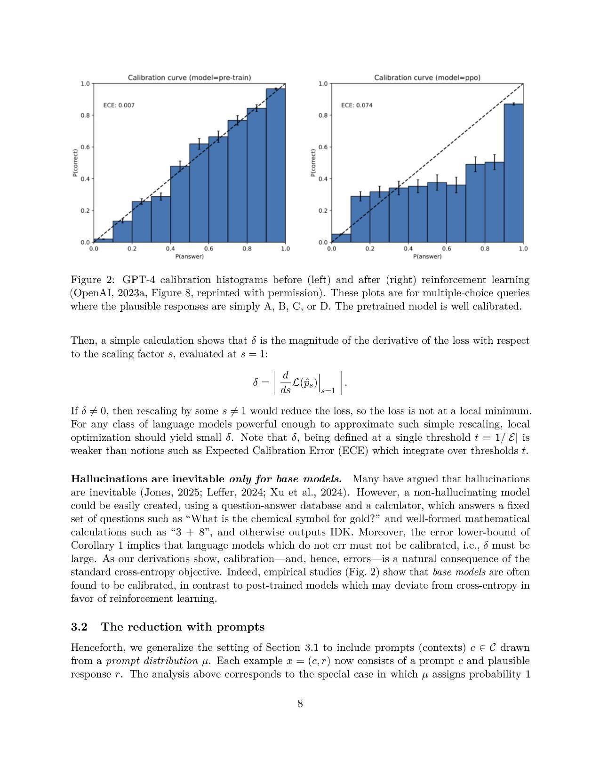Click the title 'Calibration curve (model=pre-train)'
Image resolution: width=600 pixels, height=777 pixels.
pos(189,78)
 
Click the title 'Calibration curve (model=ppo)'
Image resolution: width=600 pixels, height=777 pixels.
pos(427,78)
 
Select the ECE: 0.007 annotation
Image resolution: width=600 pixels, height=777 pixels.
pos(119,105)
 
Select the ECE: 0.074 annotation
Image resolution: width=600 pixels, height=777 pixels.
pos(356,105)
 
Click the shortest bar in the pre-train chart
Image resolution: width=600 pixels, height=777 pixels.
pos(103,241)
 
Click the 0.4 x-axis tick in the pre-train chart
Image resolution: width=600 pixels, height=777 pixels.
pos(170,249)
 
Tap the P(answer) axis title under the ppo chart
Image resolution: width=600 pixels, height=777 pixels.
pos(427,257)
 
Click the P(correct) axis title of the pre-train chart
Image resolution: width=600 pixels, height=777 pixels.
pos(75,163)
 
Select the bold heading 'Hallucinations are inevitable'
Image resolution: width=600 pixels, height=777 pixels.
pos(147,479)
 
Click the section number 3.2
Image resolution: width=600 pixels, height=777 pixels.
pos(79,627)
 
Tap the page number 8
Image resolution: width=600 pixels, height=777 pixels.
pos(300,704)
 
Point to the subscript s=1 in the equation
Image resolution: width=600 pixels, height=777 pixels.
pos(328,391)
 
